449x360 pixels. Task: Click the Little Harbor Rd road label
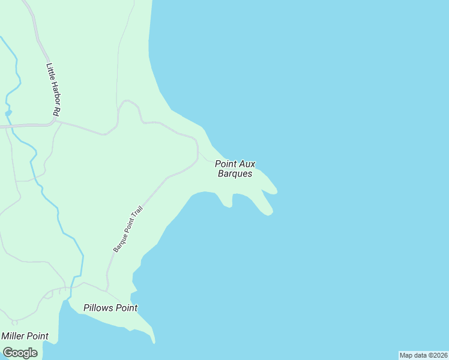tap(53, 89)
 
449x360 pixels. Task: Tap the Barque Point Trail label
tap(127, 228)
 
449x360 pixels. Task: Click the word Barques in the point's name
tap(235, 173)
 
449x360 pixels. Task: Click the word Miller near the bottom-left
tap(13, 336)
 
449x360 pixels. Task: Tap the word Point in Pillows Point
tap(127, 308)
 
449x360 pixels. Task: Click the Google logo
tap(20, 353)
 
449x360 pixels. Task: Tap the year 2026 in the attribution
tap(439, 355)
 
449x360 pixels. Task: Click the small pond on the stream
tap(8, 112)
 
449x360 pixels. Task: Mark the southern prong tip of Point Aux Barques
tap(270, 212)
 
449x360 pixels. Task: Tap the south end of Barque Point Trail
tap(108, 290)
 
